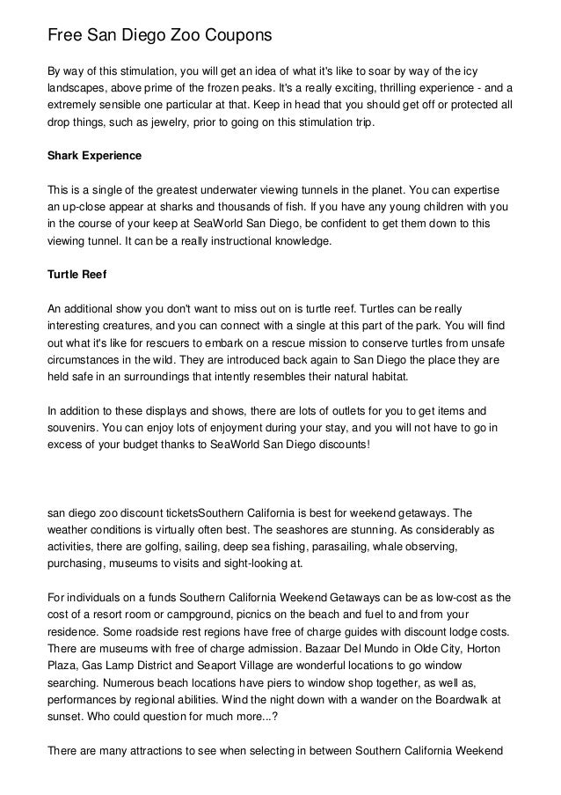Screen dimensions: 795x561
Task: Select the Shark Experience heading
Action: (x=93, y=156)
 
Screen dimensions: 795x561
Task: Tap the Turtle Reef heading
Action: (x=76, y=275)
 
